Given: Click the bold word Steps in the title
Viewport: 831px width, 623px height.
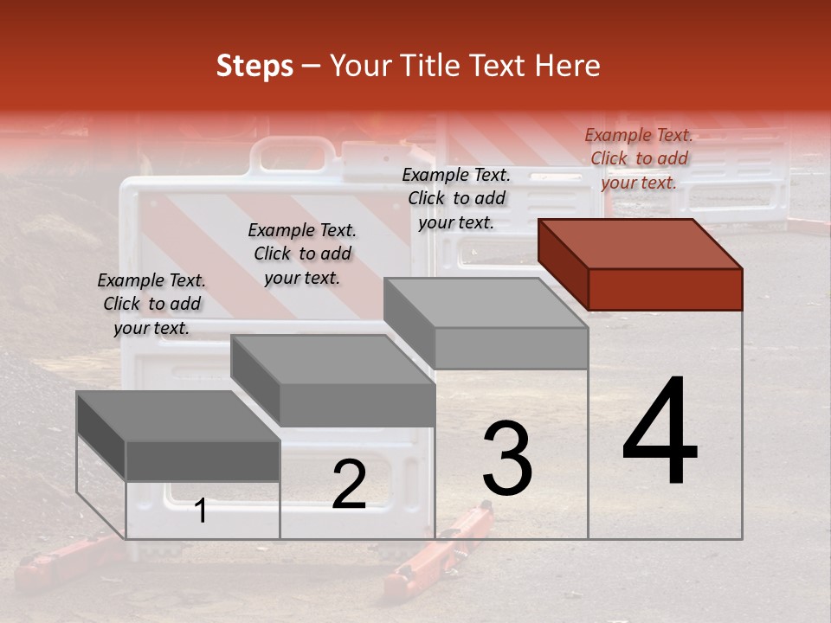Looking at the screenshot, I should (254, 66).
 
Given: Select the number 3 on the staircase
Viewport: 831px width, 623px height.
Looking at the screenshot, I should (506, 458).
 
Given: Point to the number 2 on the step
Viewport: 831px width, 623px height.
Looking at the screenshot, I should (349, 485).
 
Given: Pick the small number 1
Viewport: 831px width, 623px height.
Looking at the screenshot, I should (201, 511).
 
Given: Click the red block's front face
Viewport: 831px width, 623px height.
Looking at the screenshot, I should (665, 289).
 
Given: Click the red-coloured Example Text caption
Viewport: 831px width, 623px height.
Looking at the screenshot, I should (639, 158).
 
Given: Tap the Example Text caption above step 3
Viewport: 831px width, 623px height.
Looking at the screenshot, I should (456, 198).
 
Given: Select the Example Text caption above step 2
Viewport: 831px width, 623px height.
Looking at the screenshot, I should (302, 254).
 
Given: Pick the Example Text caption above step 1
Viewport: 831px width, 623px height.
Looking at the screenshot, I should (151, 304).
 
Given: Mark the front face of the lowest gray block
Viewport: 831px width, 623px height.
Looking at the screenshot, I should (203, 461).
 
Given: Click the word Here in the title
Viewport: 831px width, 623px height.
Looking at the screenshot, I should (568, 66).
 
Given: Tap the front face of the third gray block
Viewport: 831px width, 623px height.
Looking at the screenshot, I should (511, 349).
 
